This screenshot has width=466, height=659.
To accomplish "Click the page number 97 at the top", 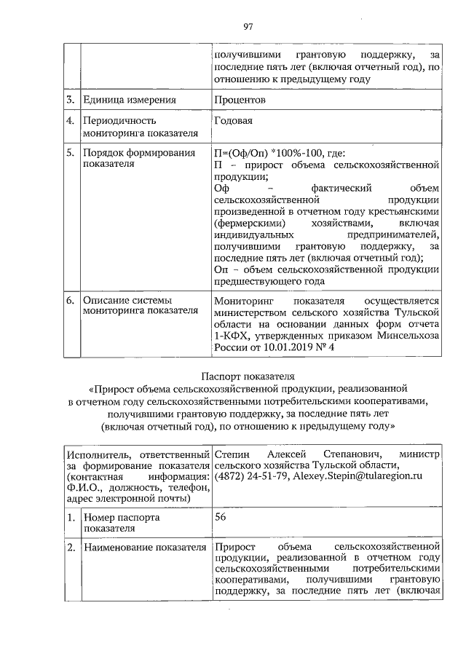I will [248, 28].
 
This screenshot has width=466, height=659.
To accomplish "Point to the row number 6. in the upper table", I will [71, 300].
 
